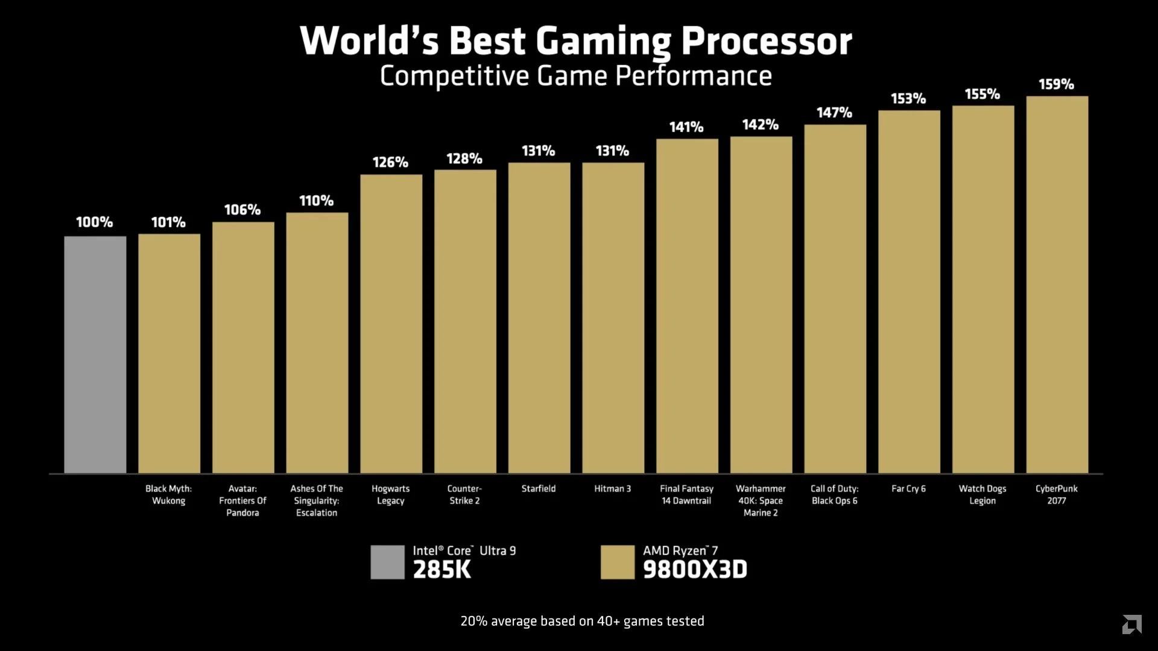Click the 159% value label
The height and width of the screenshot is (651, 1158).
[1056, 84]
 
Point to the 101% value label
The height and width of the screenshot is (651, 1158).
[168, 222]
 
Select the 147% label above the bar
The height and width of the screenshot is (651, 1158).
[834, 113]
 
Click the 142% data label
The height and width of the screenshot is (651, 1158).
[760, 125]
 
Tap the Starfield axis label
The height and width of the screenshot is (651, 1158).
[539, 489]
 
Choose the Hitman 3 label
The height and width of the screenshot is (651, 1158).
[612, 489]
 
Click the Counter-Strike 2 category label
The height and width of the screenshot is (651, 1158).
[464, 495]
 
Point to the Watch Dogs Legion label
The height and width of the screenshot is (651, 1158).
[982, 495]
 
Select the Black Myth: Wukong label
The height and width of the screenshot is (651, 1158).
[168, 495]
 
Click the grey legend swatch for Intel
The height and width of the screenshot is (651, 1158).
[387, 562]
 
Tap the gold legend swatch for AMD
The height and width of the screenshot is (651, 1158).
[617, 562]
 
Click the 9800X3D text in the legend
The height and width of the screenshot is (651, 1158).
[695, 570]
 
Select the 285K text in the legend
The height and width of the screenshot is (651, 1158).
[441, 570]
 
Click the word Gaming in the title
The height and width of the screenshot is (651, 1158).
[603, 41]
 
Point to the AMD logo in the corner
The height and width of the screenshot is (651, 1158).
[1131, 624]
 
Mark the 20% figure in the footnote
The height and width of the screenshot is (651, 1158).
[473, 621]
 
